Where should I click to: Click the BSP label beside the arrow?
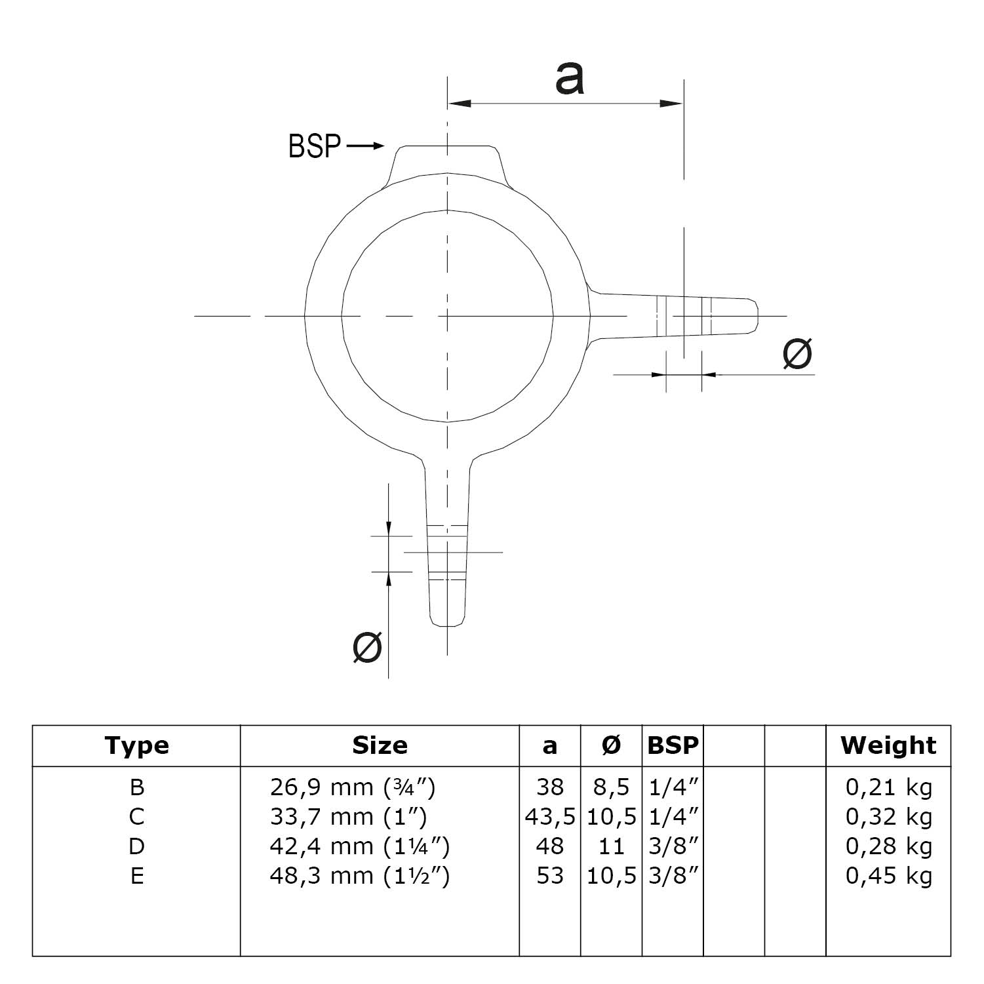click(x=314, y=146)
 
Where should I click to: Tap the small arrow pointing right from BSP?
click(x=365, y=146)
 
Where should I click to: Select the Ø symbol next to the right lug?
click(x=797, y=354)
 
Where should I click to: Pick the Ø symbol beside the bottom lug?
click(x=367, y=648)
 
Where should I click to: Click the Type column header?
click(x=136, y=746)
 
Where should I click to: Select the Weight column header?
click(x=888, y=745)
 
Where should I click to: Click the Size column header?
click(x=380, y=745)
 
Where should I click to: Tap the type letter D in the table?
click(x=136, y=846)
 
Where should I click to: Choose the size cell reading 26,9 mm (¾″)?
click(x=353, y=787)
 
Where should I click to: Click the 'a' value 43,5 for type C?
click(x=550, y=817)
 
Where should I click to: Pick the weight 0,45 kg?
click(x=888, y=876)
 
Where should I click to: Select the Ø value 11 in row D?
click(x=611, y=846)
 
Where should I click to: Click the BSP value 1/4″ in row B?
click(x=673, y=787)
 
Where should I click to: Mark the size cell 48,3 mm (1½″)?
click(x=359, y=876)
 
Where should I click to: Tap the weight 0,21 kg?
click(x=888, y=787)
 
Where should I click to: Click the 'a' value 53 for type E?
click(x=550, y=876)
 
